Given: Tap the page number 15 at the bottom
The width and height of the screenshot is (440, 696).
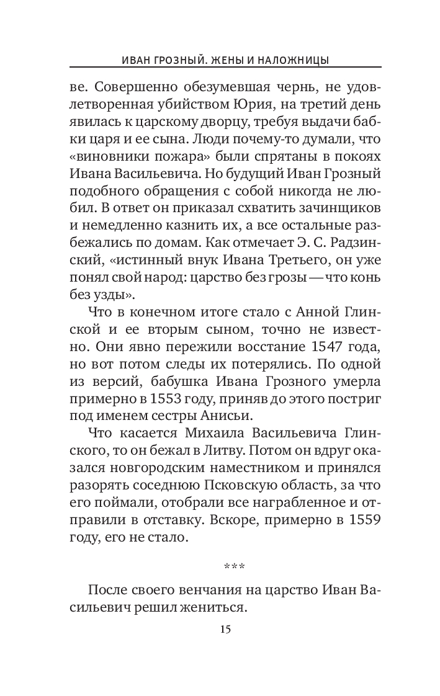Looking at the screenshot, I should tap(225, 630).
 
